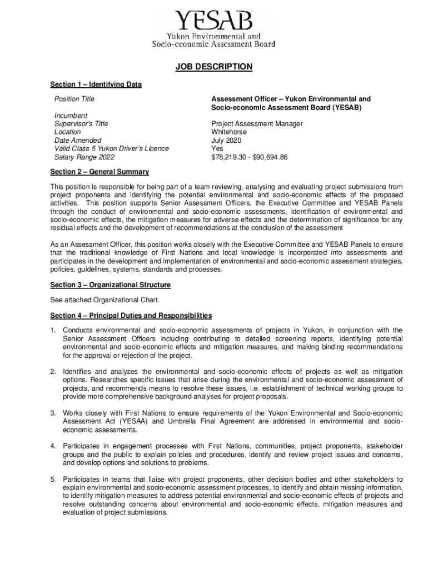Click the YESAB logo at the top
coord(214,29)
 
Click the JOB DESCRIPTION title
coord(214,67)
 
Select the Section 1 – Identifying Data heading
coord(96,84)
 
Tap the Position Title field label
coord(74,99)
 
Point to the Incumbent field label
coord(71,116)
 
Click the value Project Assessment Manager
coord(257,124)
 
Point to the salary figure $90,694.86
coord(270,157)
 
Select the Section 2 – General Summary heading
coord(99,172)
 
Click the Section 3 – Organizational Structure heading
coord(110,285)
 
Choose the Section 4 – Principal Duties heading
coord(131,316)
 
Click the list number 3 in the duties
coord(53,413)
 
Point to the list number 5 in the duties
coord(53,479)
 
